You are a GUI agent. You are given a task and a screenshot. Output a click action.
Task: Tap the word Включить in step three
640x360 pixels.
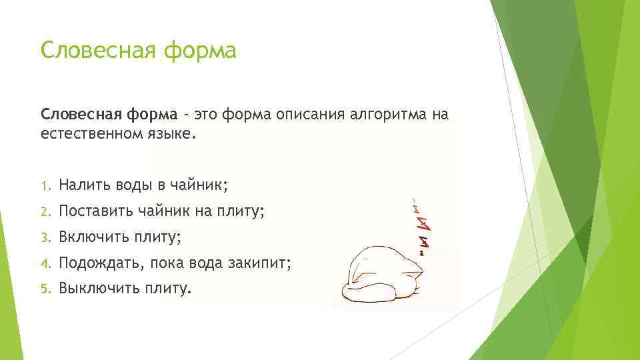pyautogui.click(x=93, y=237)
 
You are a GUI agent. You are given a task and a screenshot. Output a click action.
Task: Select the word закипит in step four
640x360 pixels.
pyautogui.click(x=262, y=263)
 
